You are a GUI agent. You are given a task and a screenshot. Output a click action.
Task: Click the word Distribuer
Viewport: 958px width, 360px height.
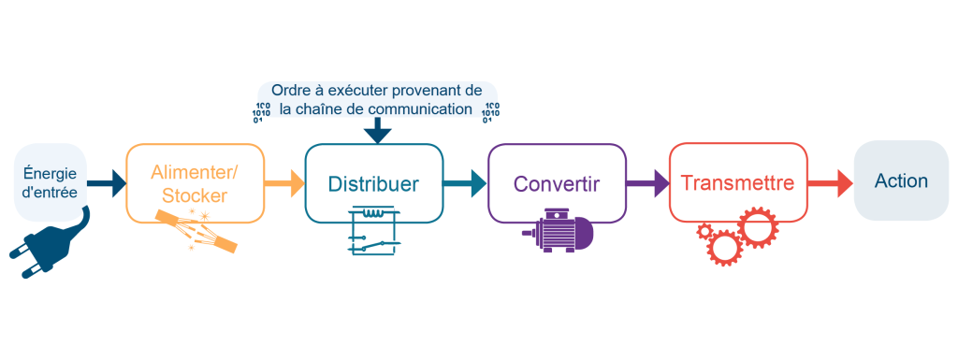pyautogui.click(x=373, y=183)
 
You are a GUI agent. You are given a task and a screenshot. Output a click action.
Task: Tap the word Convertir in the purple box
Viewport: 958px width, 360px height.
pyautogui.click(x=556, y=183)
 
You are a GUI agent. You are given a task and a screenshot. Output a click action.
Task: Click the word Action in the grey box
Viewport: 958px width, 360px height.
pyautogui.click(x=901, y=180)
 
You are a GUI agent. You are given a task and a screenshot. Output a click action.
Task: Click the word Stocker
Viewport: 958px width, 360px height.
pyautogui.click(x=194, y=195)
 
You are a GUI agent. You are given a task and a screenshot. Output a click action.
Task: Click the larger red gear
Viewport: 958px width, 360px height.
pyautogui.click(x=758, y=230)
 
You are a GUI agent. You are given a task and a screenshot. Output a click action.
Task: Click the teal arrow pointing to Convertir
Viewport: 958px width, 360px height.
pyautogui.click(x=465, y=183)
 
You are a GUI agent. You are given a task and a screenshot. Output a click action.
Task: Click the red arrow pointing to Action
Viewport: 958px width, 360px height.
pyautogui.click(x=830, y=183)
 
